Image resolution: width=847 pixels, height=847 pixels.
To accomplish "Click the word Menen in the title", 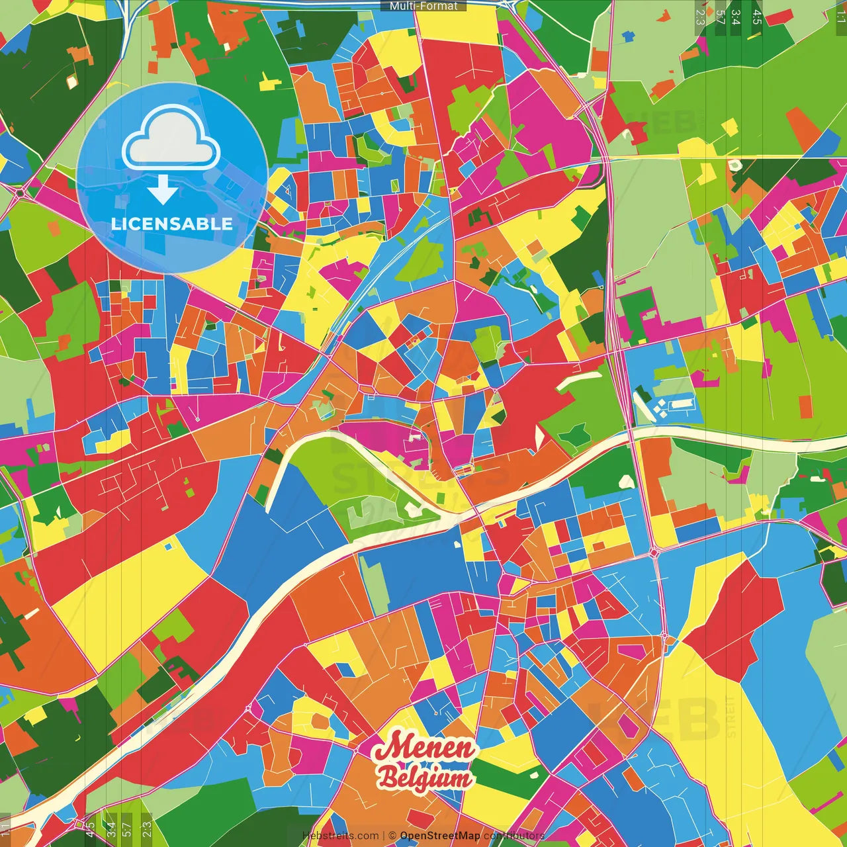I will click(x=425, y=748).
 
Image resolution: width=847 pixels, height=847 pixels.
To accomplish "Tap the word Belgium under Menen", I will click(x=425, y=778).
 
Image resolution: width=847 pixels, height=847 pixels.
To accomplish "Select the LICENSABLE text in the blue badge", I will click(x=171, y=224).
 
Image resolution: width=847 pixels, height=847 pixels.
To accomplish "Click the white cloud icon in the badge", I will click(x=171, y=140).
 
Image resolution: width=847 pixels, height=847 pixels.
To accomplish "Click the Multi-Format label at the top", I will click(x=423, y=6).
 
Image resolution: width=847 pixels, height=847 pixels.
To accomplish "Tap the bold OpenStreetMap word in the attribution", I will click(x=439, y=836).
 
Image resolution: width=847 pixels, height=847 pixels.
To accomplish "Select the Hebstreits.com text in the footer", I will click(x=340, y=836).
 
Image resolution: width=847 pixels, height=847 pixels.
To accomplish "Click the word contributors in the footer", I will click(x=513, y=836).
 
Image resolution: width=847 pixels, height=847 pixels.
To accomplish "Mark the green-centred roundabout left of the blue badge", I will click(x=21, y=193).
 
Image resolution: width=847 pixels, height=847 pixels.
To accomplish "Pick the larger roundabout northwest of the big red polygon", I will click(x=654, y=552).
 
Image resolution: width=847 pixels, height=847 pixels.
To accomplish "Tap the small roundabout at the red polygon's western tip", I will click(x=664, y=637).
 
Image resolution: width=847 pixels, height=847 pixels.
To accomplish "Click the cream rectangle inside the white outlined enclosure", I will click(x=682, y=403).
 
